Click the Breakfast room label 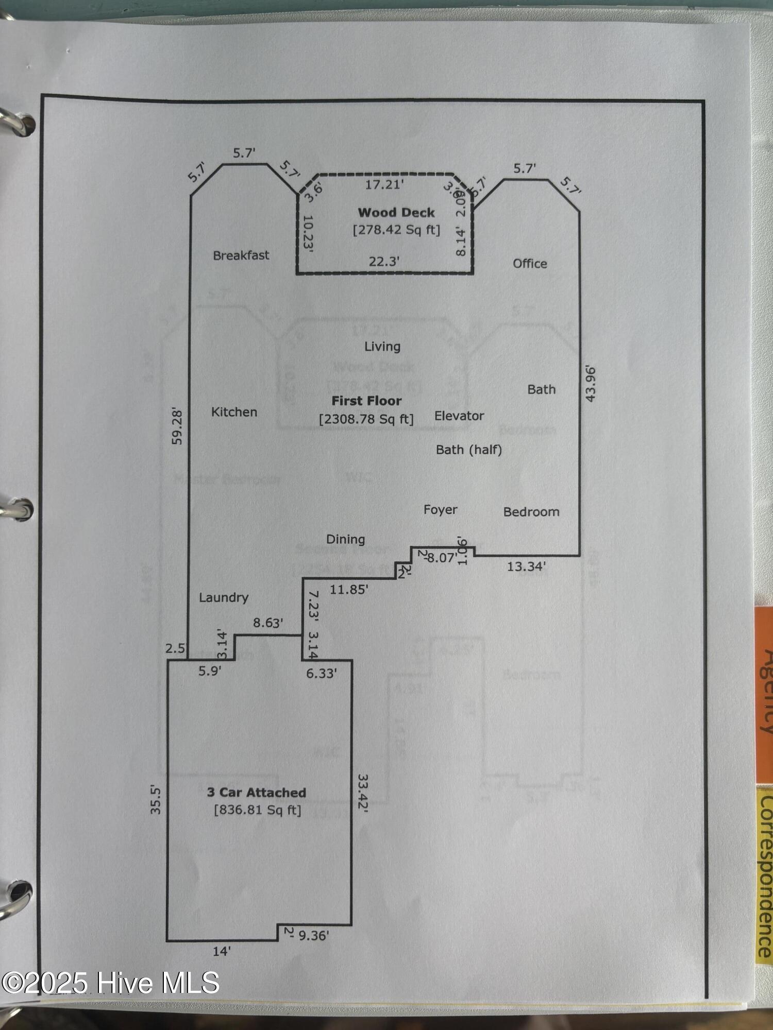[x=241, y=255]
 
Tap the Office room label [x=530, y=264]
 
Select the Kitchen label [x=234, y=412]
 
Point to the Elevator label [x=459, y=416]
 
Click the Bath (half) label [x=468, y=450]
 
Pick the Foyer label [x=440, y=510]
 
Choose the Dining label [x=345, y=539]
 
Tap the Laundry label [x=224, y=597]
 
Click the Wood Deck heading [x=396, y=213]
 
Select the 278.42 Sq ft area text [x=396, y=230]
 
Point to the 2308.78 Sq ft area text [x=366, y=419]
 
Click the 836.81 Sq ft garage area [x=257, y=810]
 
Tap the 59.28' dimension [x=177, y=426]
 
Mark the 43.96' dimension [x=591, y=384]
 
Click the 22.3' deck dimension [x=384, y=262]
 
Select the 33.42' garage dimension [x=363, y=794]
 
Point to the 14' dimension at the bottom [x=222, y=951]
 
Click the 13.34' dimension [x=526, y=567]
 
